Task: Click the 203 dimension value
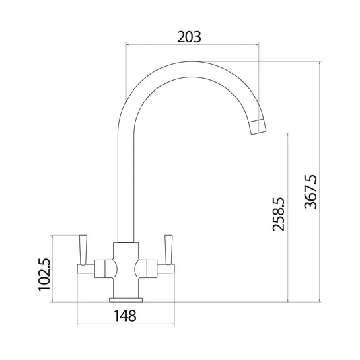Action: [189, 37]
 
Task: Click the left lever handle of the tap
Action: [83, 248]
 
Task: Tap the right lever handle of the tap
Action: [168, 248]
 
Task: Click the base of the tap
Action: [125, 297]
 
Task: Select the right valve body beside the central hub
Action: [148, 268]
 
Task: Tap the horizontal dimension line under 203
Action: [192, 46]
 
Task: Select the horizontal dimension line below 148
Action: [125, 325]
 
